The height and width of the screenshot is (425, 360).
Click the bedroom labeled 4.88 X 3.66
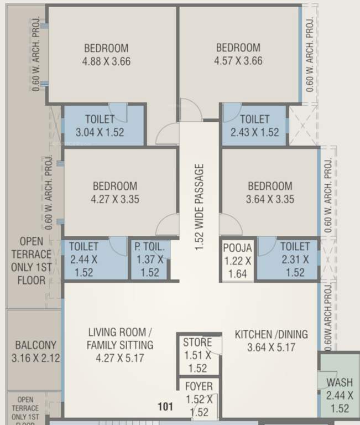[106, 55]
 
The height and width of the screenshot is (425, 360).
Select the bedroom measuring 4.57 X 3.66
[238, 55]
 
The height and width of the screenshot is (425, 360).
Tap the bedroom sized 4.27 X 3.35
[114, 193]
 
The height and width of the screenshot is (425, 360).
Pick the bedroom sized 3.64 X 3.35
[269, 193]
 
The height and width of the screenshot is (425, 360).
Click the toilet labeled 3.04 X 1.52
[100, 126]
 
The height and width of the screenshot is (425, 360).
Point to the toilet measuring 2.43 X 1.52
[254, 126]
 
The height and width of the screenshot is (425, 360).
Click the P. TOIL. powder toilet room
[149, 259]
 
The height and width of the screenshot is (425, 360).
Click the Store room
[197, 355]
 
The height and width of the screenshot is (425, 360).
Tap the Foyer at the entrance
[198, 398]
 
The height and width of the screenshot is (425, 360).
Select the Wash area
[339, 395]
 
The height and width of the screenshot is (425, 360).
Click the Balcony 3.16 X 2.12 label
[35, 351]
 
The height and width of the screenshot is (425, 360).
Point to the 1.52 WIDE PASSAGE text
[199, 207]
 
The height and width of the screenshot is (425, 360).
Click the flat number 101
[165, 407]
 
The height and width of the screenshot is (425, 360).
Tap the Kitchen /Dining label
[271, 341]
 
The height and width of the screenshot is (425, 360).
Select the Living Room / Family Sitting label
[120, 345]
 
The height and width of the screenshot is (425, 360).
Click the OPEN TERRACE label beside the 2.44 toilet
[35, 260]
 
